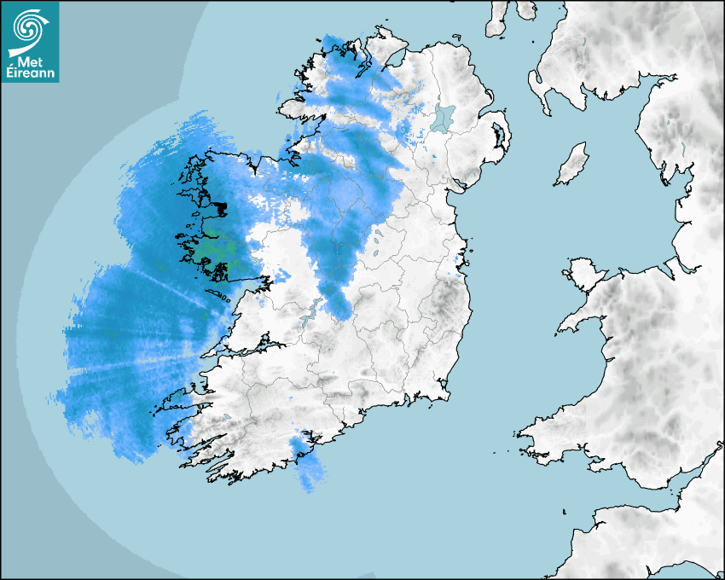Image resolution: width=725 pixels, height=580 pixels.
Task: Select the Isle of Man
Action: [x=572, y=165]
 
